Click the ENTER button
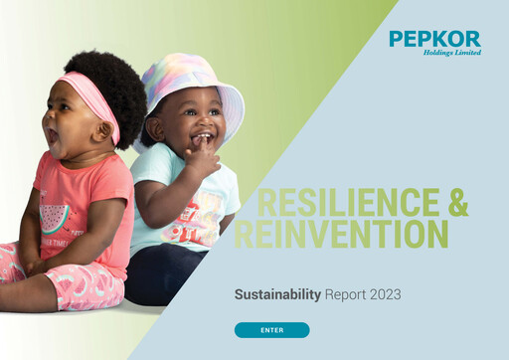tap(271, 329)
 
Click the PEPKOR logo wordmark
tap(434, 39)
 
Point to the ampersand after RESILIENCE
tap(457, 202)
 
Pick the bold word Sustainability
tap(277, 294)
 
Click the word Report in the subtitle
tap(344, 294)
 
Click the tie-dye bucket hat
tap(194, 78)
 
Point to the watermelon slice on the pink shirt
tap(55, 217)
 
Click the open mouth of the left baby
tap(51, 133)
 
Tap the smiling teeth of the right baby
tap(202, 136)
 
